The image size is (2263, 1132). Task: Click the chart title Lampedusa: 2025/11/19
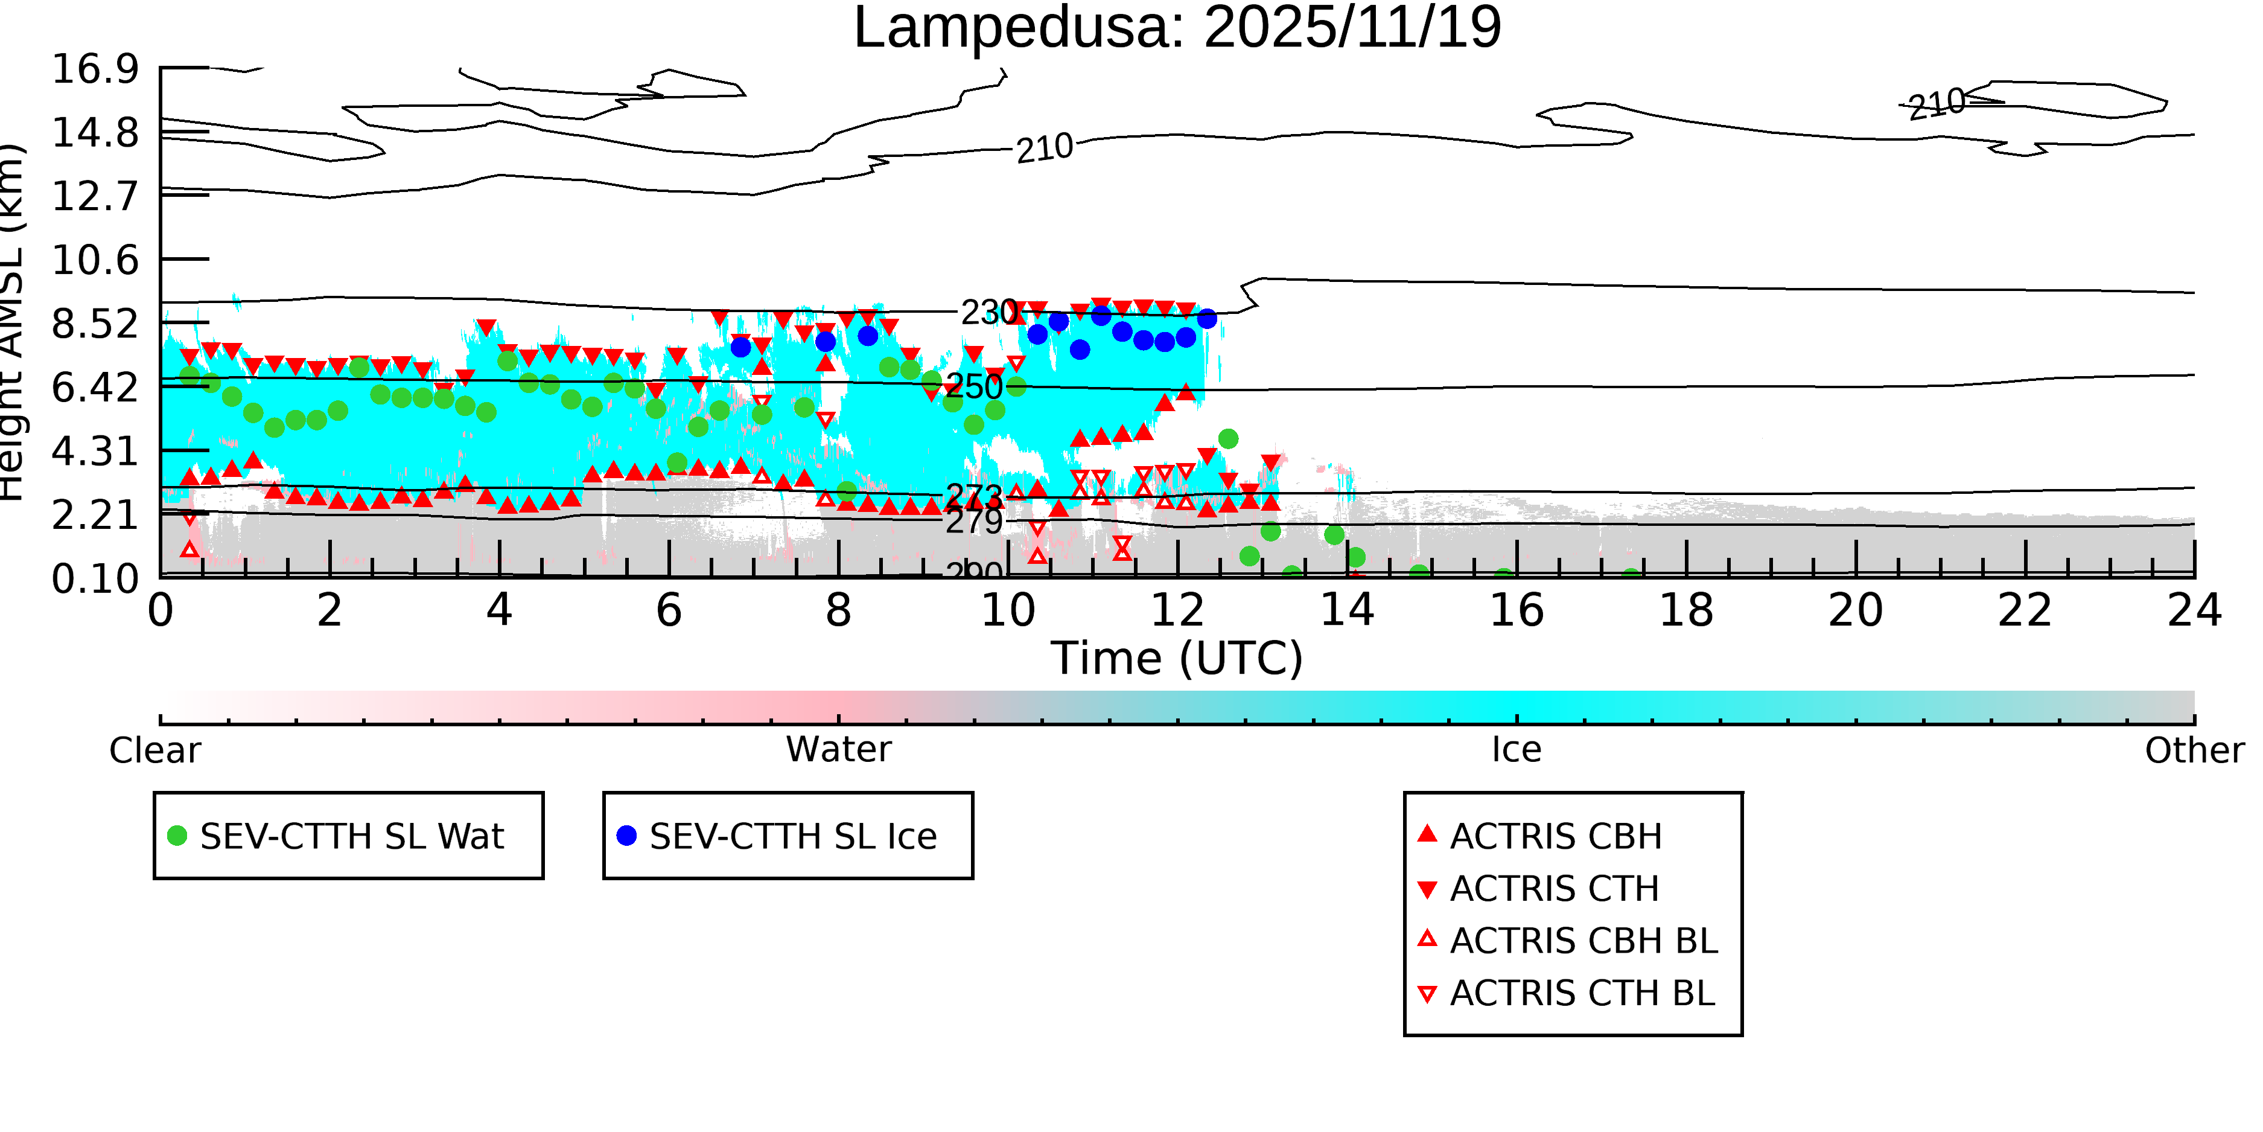tap(1177, 28)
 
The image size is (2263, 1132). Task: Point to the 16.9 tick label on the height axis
tap(95, 69)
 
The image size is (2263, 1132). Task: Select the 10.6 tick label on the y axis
tap(95, 260)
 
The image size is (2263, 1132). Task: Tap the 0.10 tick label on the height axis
tap(95, 579)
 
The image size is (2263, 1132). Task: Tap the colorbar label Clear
tap(154, 750)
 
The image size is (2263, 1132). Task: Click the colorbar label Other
tap(2194, 750)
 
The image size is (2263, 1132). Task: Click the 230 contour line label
tap(989, 312)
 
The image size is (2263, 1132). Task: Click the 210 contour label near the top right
tap(1937, 104)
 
